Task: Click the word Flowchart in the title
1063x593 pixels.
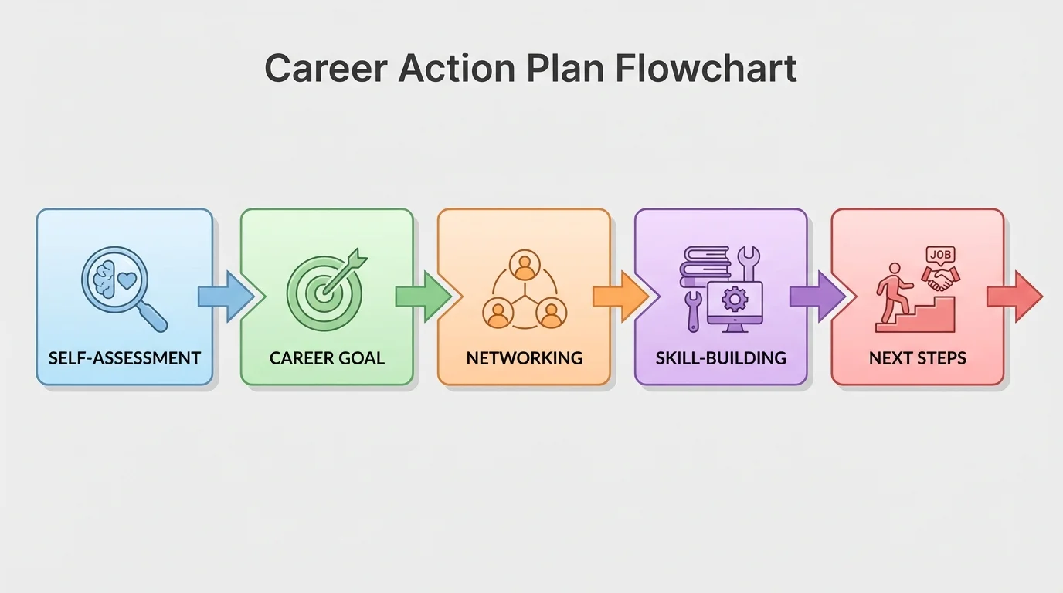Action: click(x=706, y=69)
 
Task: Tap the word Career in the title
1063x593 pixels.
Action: click(x=325, y=69)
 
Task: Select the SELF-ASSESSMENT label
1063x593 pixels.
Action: click(x=124, y=358)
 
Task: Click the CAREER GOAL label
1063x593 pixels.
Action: click(x=327, y=358)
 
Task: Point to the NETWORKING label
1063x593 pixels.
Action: click(x=525, y=358)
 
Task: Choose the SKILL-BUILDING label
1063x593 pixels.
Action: click(x=721, y=358)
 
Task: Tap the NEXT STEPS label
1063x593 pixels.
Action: click(x=918, y=358)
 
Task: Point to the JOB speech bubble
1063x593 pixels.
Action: click(x=940, y=254)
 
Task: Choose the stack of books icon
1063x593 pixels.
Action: click(x=705, y=266)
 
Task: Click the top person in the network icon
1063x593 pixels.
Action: click(x=525, y=266)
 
